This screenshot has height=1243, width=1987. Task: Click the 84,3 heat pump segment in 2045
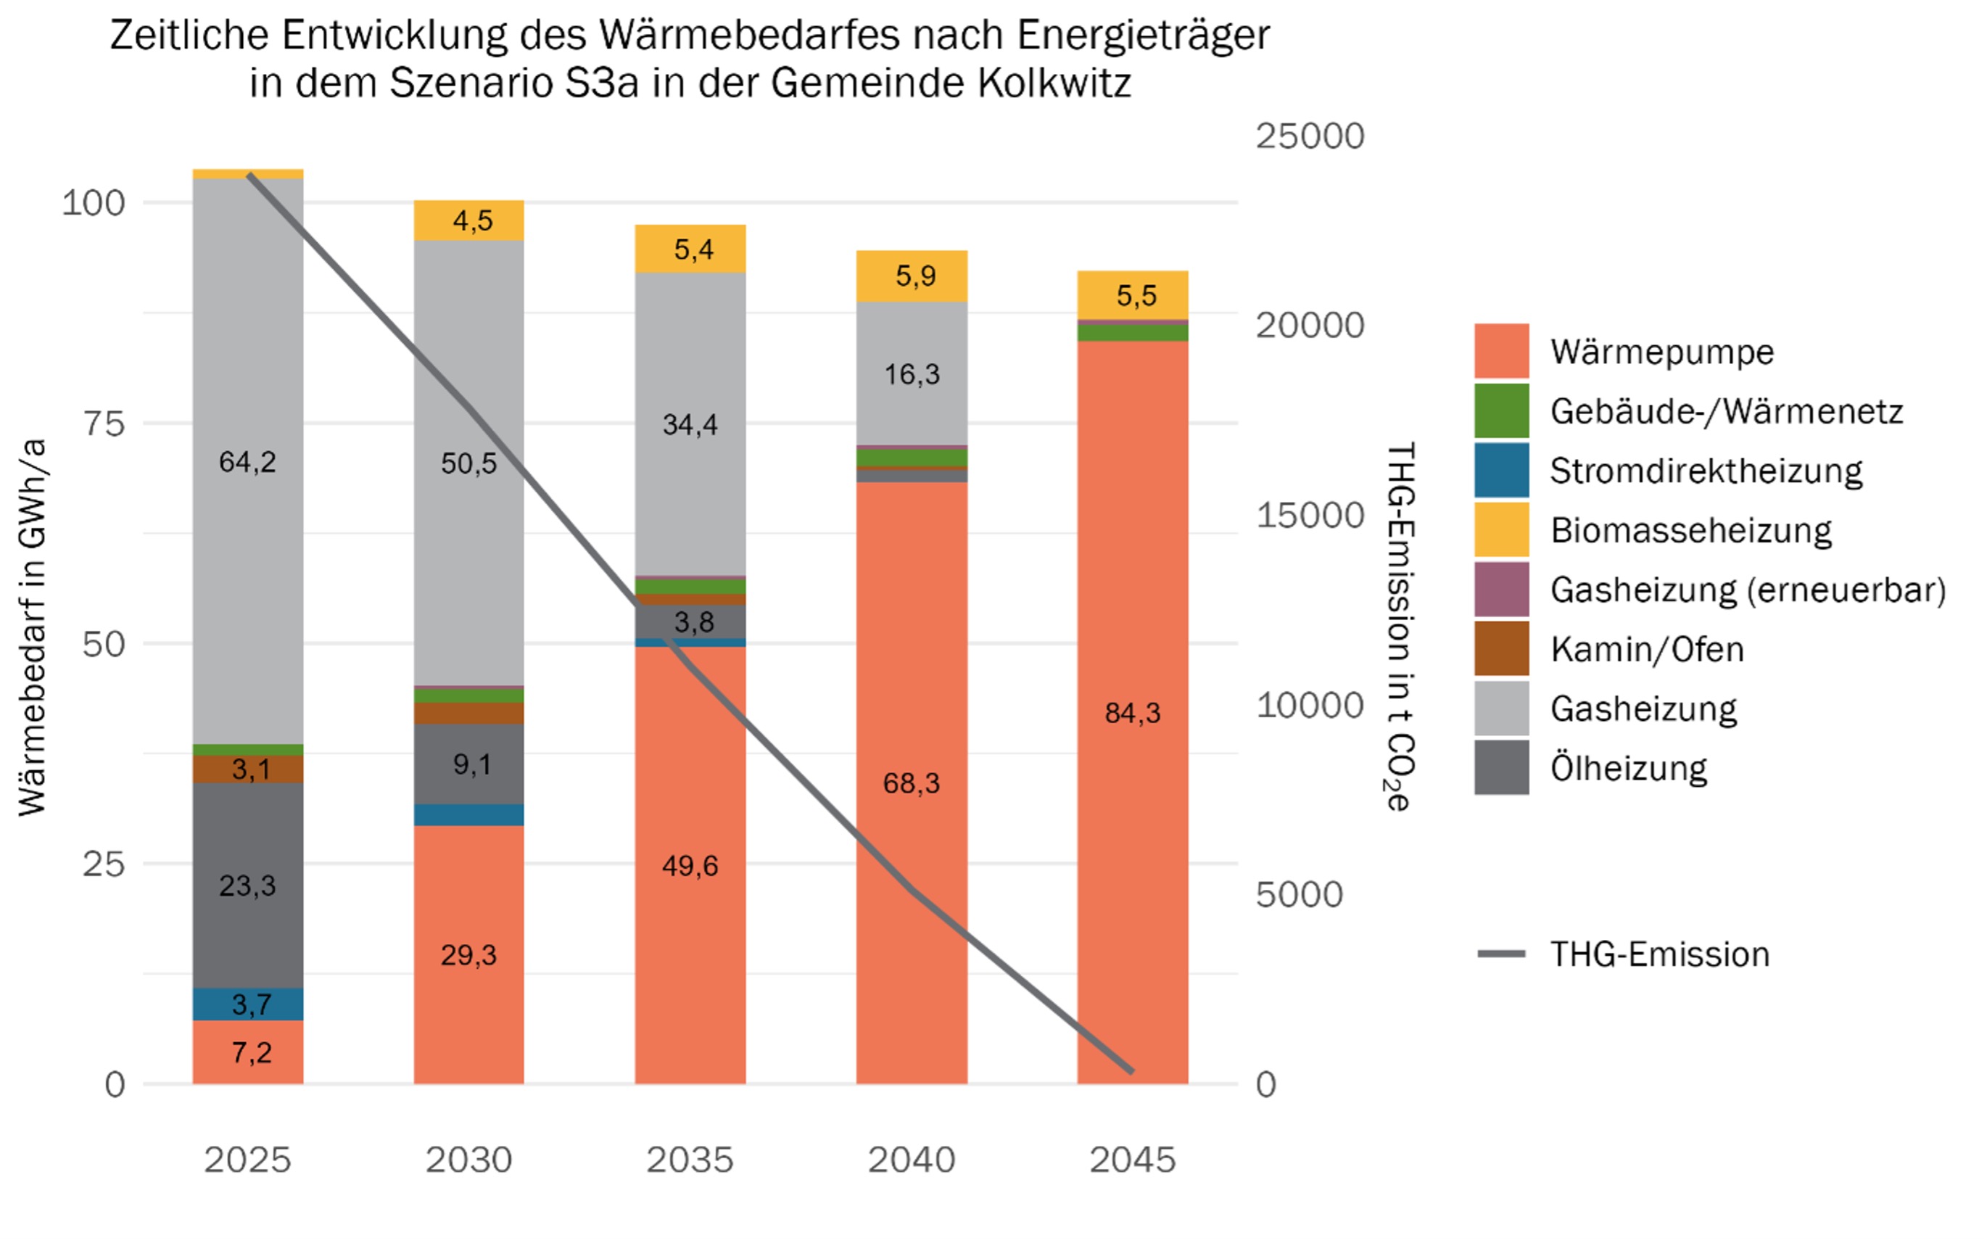coord(1132,712)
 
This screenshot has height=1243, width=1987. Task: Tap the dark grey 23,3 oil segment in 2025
coord(247,885)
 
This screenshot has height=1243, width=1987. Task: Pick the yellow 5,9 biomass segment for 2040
coord(912,276)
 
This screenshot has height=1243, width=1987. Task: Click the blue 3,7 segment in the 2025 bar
coord(247,1004)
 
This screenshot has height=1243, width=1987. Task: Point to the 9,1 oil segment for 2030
coord(468,764)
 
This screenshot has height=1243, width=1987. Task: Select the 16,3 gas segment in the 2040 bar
coord(912,374)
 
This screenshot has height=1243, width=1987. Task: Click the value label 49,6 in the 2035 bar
coord(690,866)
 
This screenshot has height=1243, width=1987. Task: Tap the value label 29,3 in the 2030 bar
coord(468,954)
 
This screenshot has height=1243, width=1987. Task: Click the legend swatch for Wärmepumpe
coord(1501,351)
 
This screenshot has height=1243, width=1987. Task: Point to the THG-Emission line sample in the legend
coord(1501,954)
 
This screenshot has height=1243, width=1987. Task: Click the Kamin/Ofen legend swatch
coord(1501,648)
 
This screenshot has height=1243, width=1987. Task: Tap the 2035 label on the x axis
coord(690,1160)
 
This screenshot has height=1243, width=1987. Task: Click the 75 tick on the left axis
coord(104,424)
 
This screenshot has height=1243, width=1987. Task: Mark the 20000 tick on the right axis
coord(1310,326)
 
